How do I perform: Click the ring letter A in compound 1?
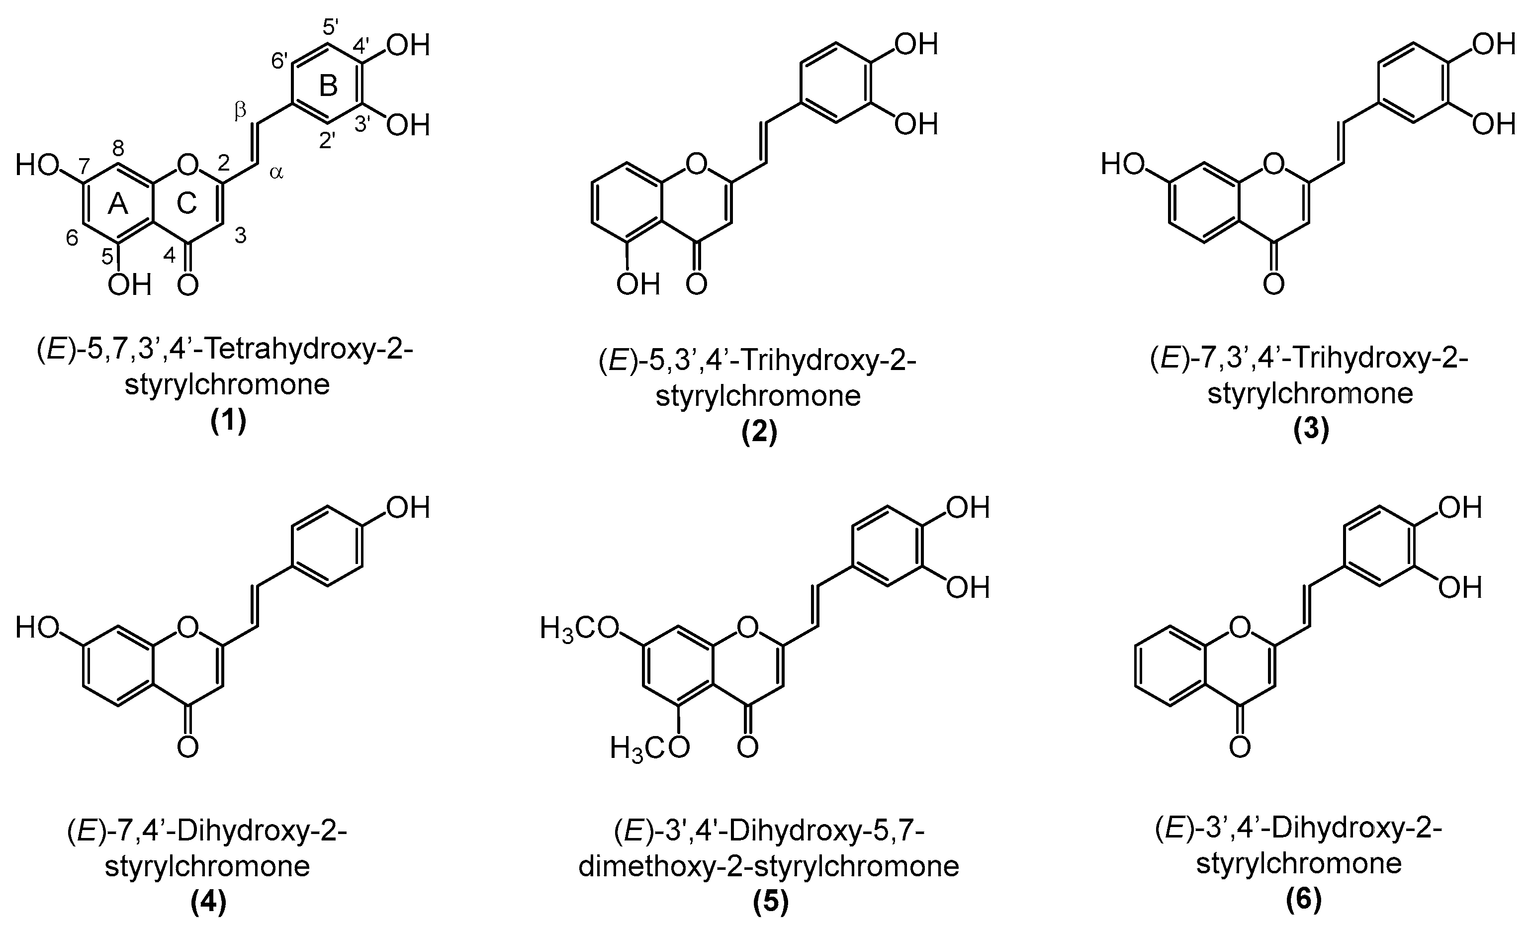pyautogui.click(x=117, y=203)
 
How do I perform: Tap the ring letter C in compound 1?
pyautogui.click(x=186, y=203)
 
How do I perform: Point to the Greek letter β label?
pyautogui.click(x=240, y=110)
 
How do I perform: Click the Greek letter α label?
pyautogui.click(x=276, y=173)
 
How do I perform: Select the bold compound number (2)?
pyautogui.click(x=759, y=433)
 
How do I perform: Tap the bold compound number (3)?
pyautogui.click(x=1311, y=430)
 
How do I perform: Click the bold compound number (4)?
pyautogui.click(x=208, y=902)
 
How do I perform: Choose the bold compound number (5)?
pyautogui.click(x=771, y=902)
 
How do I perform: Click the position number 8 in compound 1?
pyautogui.click(x=118, y=148)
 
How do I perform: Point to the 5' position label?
pyautogui.click(x=330, y=27)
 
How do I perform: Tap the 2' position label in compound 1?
pyautogui.click(x=328, y=140)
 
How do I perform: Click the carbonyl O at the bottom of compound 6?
pyautogui.click(x=1240, y=747)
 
